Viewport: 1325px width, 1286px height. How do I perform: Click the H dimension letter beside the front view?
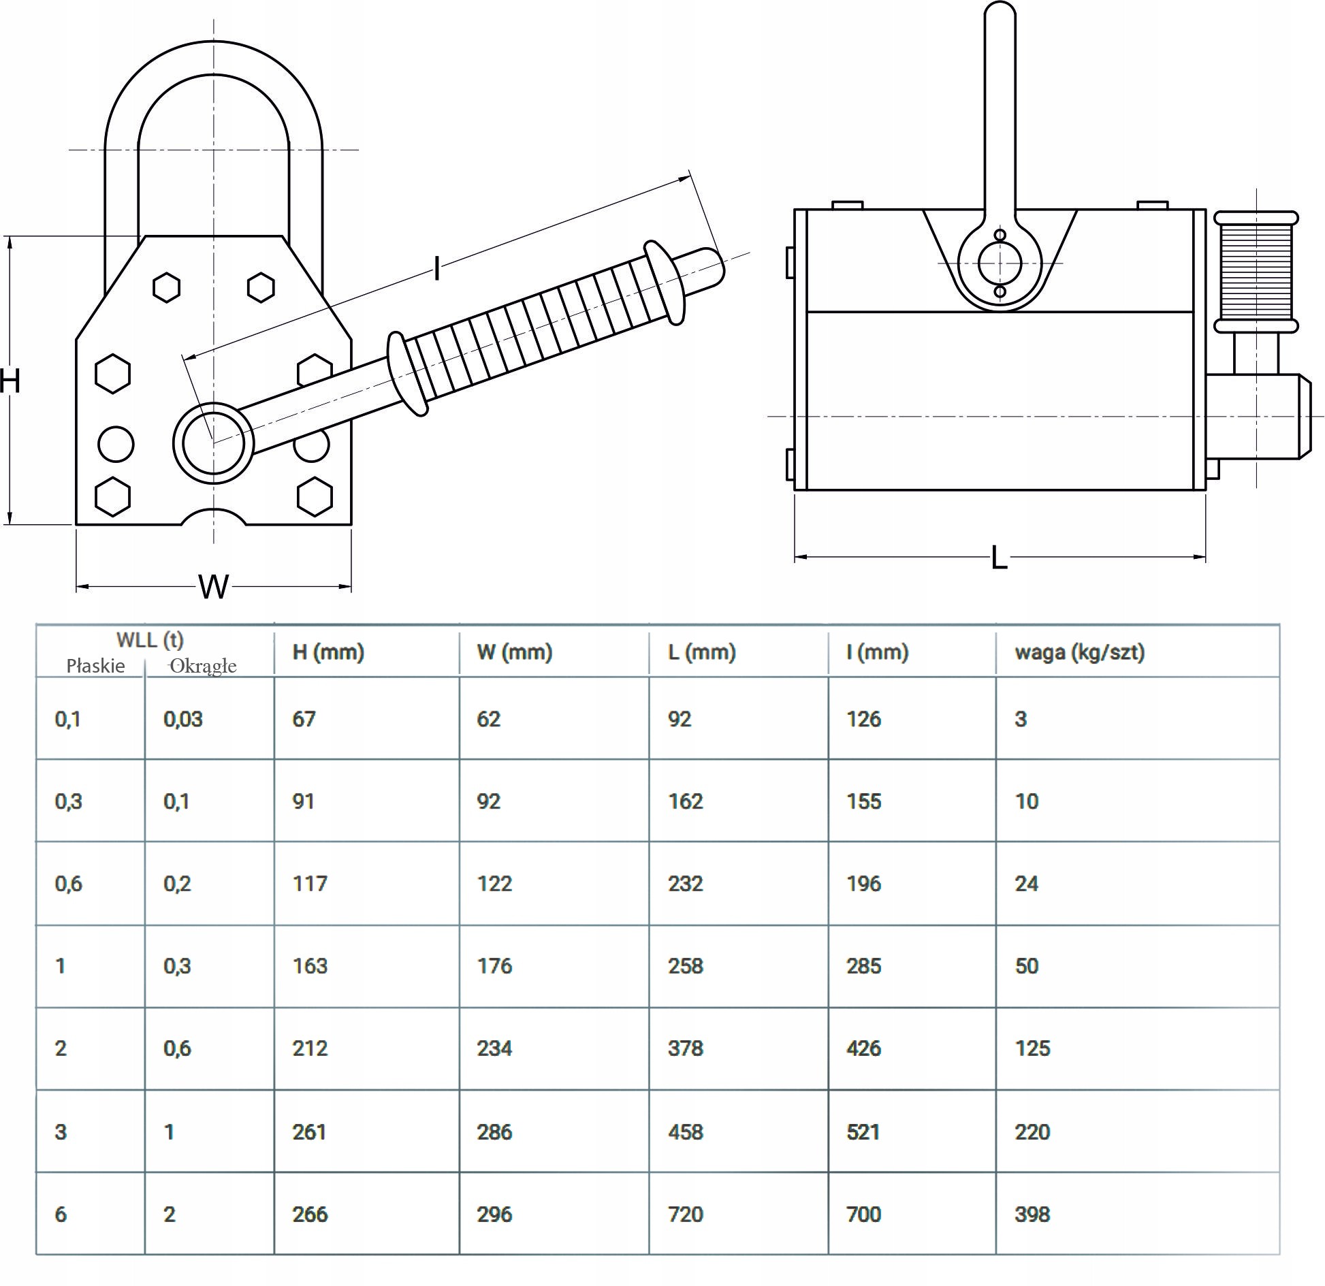pos(10,381)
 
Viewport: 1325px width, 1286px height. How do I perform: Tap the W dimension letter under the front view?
pos(213,587)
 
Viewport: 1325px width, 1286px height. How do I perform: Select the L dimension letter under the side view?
pos(999,558)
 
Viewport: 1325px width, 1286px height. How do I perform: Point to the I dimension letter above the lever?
pos(436,270)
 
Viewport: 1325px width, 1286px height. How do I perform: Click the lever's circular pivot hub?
pos(213,443)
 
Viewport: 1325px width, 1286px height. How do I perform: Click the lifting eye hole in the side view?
pos(1000,263)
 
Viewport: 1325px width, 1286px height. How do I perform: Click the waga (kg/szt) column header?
pos(1079,652)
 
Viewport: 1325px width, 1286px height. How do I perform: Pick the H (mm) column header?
pos(328,652)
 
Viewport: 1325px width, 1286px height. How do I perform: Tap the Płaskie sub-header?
pos(95,666)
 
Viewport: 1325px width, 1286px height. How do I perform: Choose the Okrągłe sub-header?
pos(203,666)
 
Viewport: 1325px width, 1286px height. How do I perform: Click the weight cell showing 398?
pos(1032,1214)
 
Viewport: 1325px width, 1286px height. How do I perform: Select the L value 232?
pos(685,884)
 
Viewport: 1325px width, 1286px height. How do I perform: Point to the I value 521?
pos(863,1132)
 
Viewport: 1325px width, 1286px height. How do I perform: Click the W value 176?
pos(494,966)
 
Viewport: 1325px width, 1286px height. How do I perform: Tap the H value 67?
pos(304,719)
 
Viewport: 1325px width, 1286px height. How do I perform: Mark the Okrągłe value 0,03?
pos(183,719)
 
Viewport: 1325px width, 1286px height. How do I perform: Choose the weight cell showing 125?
pos(1032,1048)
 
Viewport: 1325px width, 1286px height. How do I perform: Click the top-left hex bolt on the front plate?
pos(166,287)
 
